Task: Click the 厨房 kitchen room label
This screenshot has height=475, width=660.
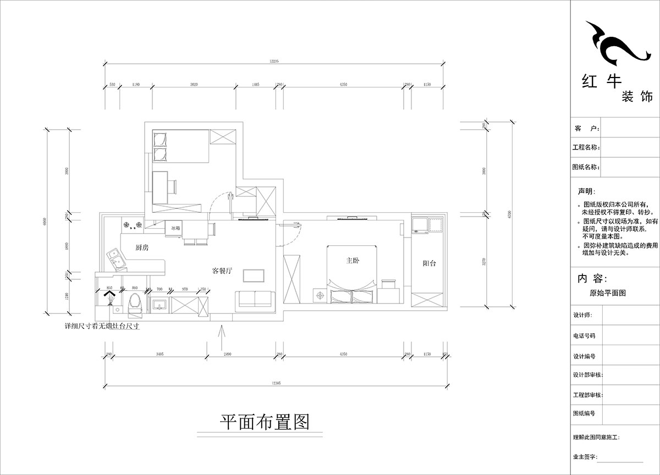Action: pyautogui.click(x=142, y=248)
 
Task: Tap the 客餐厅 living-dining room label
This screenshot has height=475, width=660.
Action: pyautogui.click(x=223, y=271)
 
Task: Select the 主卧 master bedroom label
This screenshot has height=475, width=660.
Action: pyautogui.click(x=353, y=261)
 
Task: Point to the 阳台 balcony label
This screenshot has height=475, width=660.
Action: pyautogui.click(x=430, y=263)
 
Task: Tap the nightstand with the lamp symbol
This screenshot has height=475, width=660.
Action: pyautogui.click(x=319, y=296)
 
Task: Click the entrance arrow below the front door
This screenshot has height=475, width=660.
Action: pyautogui.click(x=221, y=337)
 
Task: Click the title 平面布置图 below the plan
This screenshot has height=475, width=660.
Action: pyautogui.click(x=265, y=422)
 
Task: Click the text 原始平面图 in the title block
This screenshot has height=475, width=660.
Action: pyautogui.click(x=607, y=294)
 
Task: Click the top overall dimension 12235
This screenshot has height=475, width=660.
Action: pyautogui.click(x=275, y=62)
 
